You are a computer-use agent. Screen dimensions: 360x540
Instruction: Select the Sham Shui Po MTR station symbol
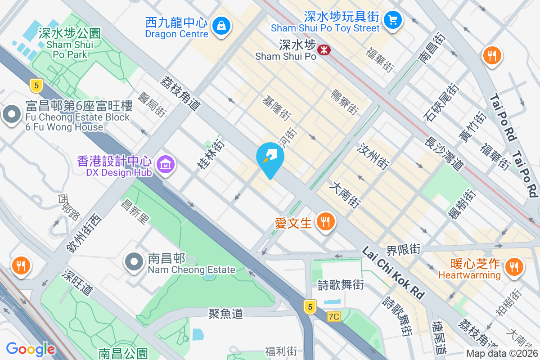coord(323,49)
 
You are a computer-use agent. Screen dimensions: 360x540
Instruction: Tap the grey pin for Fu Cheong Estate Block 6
coord(12,115)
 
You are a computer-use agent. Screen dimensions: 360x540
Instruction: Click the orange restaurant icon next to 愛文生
coord(324,221)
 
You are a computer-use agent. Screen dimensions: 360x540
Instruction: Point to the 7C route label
coord(333,317)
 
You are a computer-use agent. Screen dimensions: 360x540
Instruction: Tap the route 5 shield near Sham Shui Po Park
coord(36,85)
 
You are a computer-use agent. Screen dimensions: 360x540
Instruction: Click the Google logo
coord(31,349)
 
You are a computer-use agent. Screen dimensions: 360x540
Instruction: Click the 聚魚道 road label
coord(225,313)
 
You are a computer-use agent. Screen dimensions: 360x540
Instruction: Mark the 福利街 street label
coord(281,351)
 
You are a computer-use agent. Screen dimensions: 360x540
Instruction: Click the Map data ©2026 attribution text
coord(502,354)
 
